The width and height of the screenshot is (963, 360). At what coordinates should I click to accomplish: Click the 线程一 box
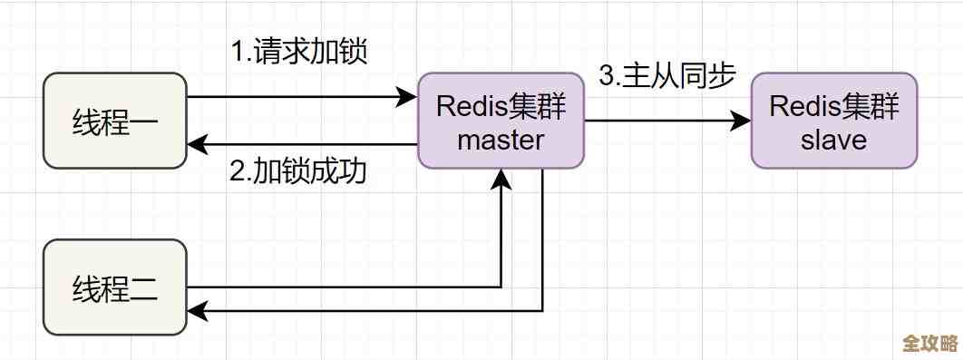[115, 121]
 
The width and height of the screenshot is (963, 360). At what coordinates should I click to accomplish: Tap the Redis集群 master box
[501, 121]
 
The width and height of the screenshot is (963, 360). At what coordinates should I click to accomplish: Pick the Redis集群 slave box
[833, 121]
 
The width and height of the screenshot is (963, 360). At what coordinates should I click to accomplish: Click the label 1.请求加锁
[298, 52]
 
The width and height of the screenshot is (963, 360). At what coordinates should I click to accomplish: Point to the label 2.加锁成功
[298, 171]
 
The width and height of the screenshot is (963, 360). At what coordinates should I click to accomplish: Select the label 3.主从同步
[666, 76]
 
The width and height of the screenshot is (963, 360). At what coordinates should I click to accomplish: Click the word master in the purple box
[501, 140]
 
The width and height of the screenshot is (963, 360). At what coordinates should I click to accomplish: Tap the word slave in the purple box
[833, 140]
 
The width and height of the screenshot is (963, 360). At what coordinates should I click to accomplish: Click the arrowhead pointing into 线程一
[196, 144]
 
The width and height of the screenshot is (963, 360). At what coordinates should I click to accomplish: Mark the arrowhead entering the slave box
[742, 121]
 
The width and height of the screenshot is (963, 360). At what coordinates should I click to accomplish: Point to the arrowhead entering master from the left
[407, 96]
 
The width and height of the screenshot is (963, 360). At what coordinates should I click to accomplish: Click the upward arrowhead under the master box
[501, 180]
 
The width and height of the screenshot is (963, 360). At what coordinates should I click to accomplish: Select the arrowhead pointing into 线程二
[196, 311]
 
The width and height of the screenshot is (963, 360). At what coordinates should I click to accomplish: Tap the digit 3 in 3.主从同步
[606, 76]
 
